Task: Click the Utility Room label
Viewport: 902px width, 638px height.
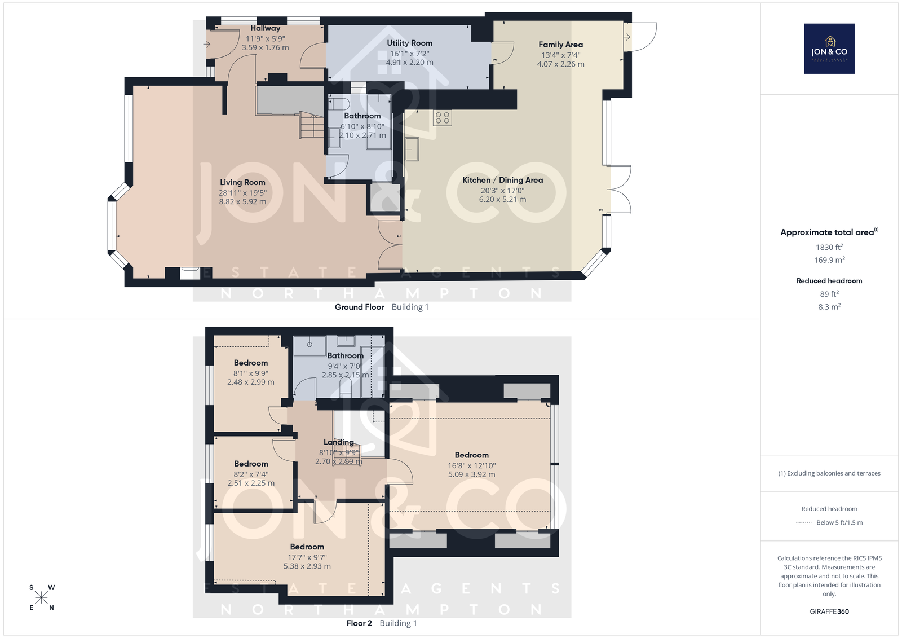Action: click(409, 43)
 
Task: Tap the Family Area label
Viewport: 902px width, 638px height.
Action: click(560, 45)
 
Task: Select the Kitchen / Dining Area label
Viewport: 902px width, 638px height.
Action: click(502, 180)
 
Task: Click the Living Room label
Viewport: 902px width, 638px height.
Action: click(242, 183)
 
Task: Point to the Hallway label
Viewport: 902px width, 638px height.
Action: click(265, 28)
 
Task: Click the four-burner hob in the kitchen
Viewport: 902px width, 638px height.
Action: click(442, 118)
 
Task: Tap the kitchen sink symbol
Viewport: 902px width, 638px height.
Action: click(412, 149)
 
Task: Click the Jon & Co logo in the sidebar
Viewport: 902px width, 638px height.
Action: click(829, 49)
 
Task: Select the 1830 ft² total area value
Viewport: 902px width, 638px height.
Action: click(829, 247)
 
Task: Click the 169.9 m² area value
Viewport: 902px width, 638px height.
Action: click(829, 260)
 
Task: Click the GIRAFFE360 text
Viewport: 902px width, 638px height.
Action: click(829, 611)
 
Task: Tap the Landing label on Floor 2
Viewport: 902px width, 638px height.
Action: click(339, 442)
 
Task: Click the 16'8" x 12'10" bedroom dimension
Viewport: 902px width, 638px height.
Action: click(471, 465)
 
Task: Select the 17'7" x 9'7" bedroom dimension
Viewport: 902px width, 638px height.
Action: click(307, 557)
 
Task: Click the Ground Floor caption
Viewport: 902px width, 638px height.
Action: click(359, 307)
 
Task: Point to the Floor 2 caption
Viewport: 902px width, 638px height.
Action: click(359, 623)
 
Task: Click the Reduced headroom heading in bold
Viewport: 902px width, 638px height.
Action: click(829, 281)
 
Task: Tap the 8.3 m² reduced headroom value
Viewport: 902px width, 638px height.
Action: click(829, 307)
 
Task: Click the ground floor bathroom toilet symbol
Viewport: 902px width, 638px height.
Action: click(339, 104)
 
